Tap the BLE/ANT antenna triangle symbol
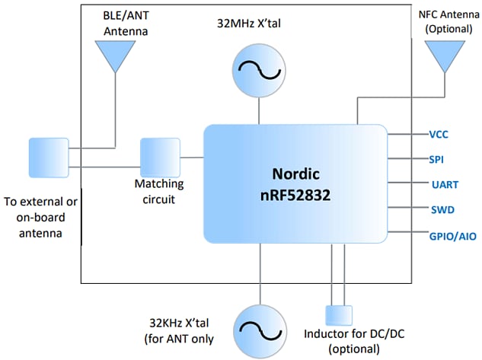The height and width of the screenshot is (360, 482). click(x=117, y=54)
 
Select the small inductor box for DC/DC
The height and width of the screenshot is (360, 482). click(x=339, y=314)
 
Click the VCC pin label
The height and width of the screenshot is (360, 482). click(x=438, y=134)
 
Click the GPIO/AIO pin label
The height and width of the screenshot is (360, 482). click(x=452, y=237)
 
